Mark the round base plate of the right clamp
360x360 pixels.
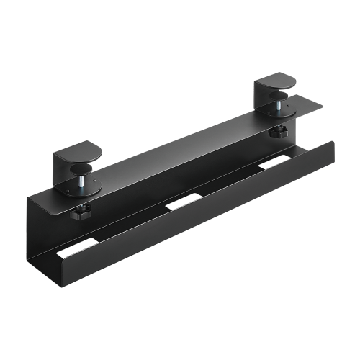click(282, 111)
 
